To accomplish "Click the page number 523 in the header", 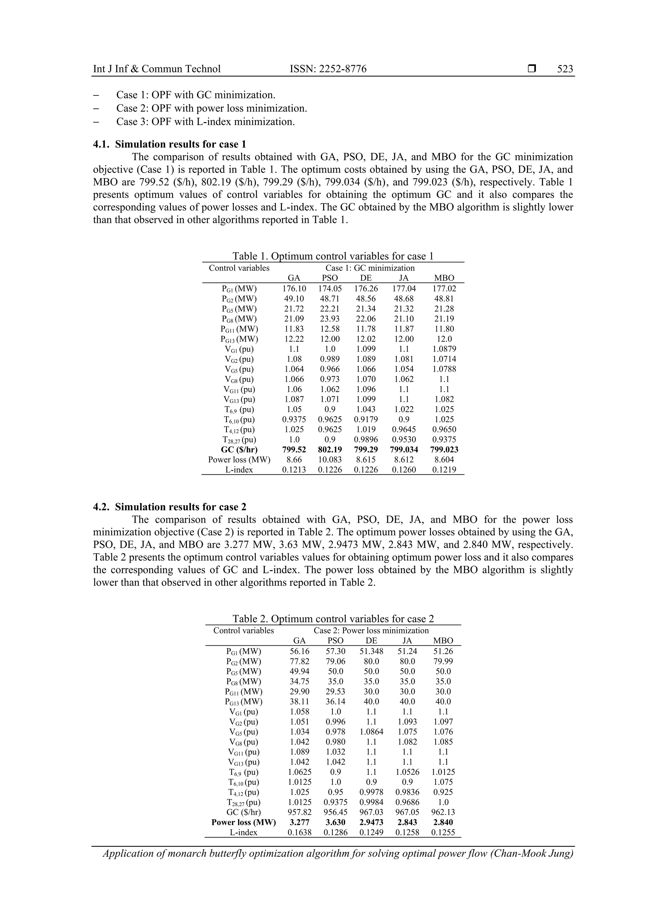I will (565, 69).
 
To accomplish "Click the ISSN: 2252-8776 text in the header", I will (328, 69).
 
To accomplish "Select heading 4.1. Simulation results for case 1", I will (169, 144).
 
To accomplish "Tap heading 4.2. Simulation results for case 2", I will (169, 507).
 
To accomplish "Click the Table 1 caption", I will (332, 256).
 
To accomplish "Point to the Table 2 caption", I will (333, 619).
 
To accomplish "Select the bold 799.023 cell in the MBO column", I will (444, 450).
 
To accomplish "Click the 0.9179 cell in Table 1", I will (366, 420).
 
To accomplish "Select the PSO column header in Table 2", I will (335, 641).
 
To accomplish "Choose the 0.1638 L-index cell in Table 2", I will (300, 832).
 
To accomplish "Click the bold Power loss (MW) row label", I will (243, 822).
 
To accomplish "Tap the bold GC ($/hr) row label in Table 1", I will (239, 450).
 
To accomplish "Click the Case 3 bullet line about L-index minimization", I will (205, 121).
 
